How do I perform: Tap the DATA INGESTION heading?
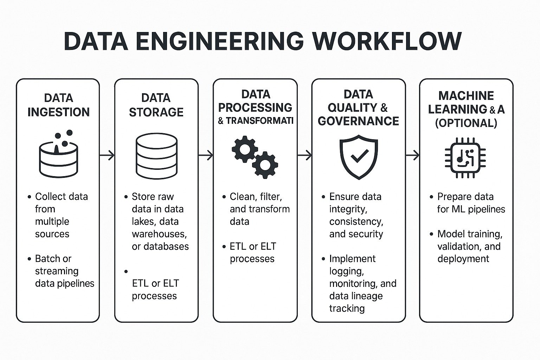coord(58,105)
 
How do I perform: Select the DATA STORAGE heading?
coord(156,105)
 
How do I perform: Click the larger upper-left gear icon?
coord(245,149)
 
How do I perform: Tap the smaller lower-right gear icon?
coord(265,165)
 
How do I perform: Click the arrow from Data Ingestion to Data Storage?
coord(107,155)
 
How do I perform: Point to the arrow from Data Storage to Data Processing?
coord(206,155)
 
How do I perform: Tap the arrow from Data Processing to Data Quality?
coord(304,155)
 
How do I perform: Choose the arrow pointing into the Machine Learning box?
coord(412,155)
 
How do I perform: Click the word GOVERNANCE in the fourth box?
coord(358,121)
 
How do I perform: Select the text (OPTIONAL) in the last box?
coord(466,123)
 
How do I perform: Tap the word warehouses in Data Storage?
coord(159,234)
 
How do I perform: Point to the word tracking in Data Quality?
coord(347,308)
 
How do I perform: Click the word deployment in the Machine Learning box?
coord(463,259)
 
